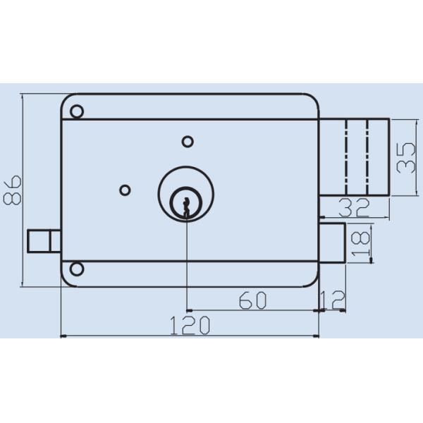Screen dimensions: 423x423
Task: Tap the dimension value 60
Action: pyautogui.click(x=252, y=300)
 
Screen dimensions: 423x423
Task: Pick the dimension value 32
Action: pyautogui.click(x=355, y=207)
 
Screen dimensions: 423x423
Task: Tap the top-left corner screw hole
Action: pyautogui.click(x=77, y=111)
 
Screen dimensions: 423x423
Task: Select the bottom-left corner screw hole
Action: pyautogui.click(x=77, y=269)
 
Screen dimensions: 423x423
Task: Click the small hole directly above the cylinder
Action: pyautogui.click(x=187, y=142)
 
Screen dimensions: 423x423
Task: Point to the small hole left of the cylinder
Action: pyautogui.click(x=125, y=189)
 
